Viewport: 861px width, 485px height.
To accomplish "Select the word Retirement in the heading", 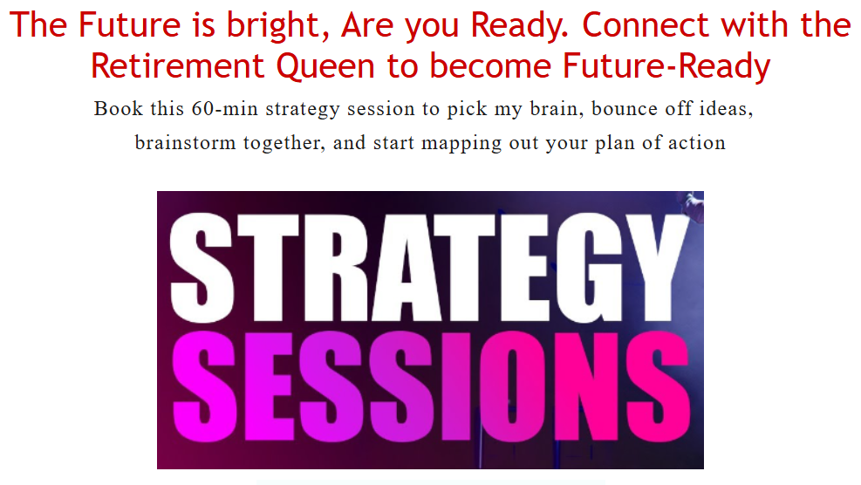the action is pyautogui.click(x=177, y=66).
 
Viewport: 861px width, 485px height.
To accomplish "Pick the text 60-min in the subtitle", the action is pyautogui.click(x=224, y=109).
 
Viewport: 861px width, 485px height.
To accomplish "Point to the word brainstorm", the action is pyautogui.click(x=185, y=143).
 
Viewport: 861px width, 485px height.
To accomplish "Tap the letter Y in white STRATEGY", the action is pyautogui.click(x=656, y=266).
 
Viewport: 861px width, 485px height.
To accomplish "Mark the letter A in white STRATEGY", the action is pyautogui.click(x=406, y=268).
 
